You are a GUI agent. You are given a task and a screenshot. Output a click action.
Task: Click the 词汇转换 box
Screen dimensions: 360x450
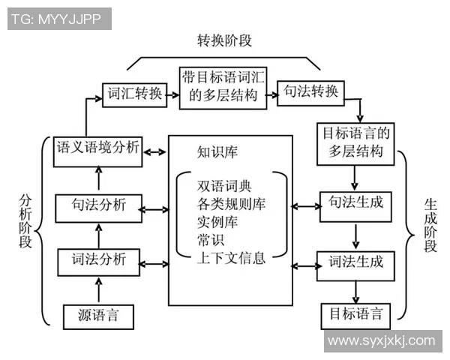point(133,94)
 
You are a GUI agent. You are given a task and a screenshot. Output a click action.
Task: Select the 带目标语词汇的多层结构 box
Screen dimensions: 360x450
point(223,87)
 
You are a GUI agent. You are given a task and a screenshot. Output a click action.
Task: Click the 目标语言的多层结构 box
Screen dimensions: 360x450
point(356,142)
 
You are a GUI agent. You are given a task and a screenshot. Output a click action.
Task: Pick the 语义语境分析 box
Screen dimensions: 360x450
point(98,148)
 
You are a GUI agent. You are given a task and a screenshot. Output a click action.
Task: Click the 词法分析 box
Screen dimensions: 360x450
point(98,262)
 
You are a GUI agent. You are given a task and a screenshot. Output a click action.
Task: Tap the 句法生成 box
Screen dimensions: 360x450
point(356,205)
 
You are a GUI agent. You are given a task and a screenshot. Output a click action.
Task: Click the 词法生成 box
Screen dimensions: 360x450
point(356,262)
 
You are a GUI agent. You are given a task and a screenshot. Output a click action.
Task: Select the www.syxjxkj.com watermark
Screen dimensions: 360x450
point(381,340)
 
